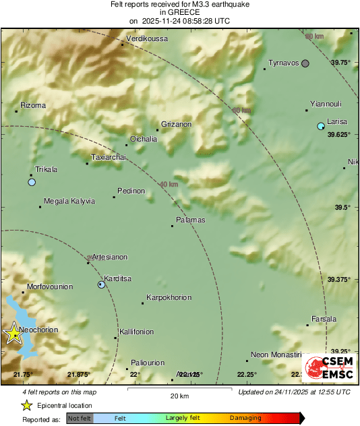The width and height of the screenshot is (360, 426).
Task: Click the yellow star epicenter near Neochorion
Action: pyautogui.click(x=13, y=333)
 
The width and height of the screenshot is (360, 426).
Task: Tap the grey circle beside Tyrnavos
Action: pyautogui.click(x=305, y=63)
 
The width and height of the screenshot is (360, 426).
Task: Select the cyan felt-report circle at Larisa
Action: pyautogui.click(x=321, y=126)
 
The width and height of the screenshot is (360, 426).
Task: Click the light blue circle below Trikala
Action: pyautogui.click(x=32, y=182)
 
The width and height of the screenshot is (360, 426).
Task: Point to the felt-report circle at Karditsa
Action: pyautogui.click(x=101, y=284)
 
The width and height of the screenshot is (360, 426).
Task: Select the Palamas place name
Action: pyautogui.click(x=190, y=220)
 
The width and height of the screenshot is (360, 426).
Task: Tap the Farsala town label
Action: pyautogui.click(x=324, y=319)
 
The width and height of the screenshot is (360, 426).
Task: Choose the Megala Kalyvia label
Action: pyautogui.click(x=69, y=201)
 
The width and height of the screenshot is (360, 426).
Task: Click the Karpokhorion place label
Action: pyautogui.click(x=169, y=297)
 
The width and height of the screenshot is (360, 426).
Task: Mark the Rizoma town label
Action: pyautogui.click(x=33, y=105)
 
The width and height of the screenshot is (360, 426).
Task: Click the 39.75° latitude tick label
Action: pyautogui.click(x=341, y=62)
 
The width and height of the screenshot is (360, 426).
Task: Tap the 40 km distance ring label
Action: pyautogui.click(x=169, y=184)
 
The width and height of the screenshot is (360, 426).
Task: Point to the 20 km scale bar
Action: pyautogui.click(x=179, y=390)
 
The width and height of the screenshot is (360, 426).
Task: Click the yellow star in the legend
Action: pyautogui.click(x=26, y=405)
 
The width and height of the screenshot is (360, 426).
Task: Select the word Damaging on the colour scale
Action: pyautogui.click(x=245, y=418)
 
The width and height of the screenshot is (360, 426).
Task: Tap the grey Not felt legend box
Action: pyautogui.click(x=80, y=418)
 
